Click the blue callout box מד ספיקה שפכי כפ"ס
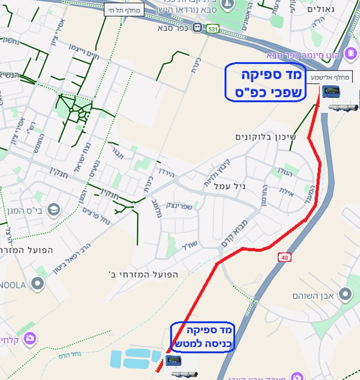point(265,82)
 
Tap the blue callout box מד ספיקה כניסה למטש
point(203,337)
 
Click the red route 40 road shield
point(284,257)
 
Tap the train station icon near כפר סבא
point(197,28)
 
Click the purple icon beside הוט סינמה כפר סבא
point(351,53)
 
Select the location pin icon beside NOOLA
point(37,284)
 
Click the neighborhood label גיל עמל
point(230,186)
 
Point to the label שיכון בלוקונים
point(265,137)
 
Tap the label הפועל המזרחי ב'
point(143,275)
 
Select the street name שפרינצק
point(180,206)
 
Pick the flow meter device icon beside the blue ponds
point(173,360)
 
